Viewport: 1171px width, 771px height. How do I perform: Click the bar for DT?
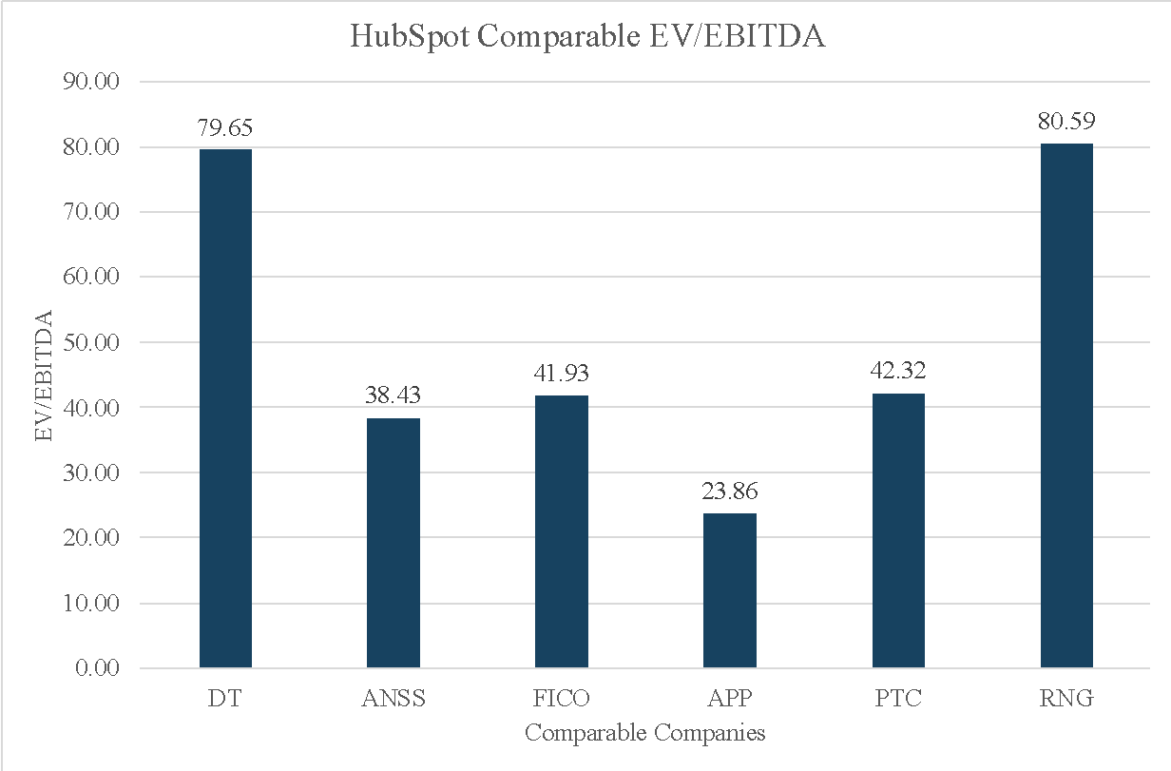tap(225, 409)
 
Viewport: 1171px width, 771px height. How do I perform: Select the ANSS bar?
tap(394, 543)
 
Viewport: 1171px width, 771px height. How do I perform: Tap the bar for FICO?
tap(562, 531)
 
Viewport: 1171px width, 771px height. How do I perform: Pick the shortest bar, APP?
tap(730, 590)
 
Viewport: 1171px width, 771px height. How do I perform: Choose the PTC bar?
tap(898, 530)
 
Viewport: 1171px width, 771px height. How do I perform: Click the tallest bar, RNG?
tap(1066, 406)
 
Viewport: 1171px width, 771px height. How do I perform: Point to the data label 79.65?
tap(225, 128)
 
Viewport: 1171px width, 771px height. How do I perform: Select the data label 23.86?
tap(730, 492)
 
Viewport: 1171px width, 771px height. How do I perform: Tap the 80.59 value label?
tap(1066, 123)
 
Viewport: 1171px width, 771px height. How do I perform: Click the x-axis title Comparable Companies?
tap(645, 734)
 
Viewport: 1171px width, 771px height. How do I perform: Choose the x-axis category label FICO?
tap(562, 699)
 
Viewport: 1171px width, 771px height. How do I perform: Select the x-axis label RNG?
tap(1066, 699)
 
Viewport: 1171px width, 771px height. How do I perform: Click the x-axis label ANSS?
tap(394, 699)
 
